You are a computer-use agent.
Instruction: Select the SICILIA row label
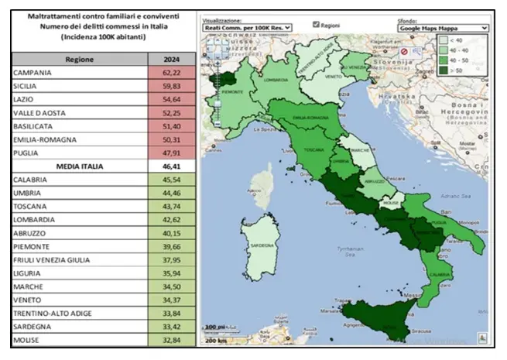(26, 86)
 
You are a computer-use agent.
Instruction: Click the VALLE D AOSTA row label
(39, 112)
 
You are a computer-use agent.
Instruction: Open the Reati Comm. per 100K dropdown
(246, 27)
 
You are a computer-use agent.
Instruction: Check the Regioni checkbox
(316, 24)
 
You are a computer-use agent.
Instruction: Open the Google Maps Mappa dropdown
(443, 27)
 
